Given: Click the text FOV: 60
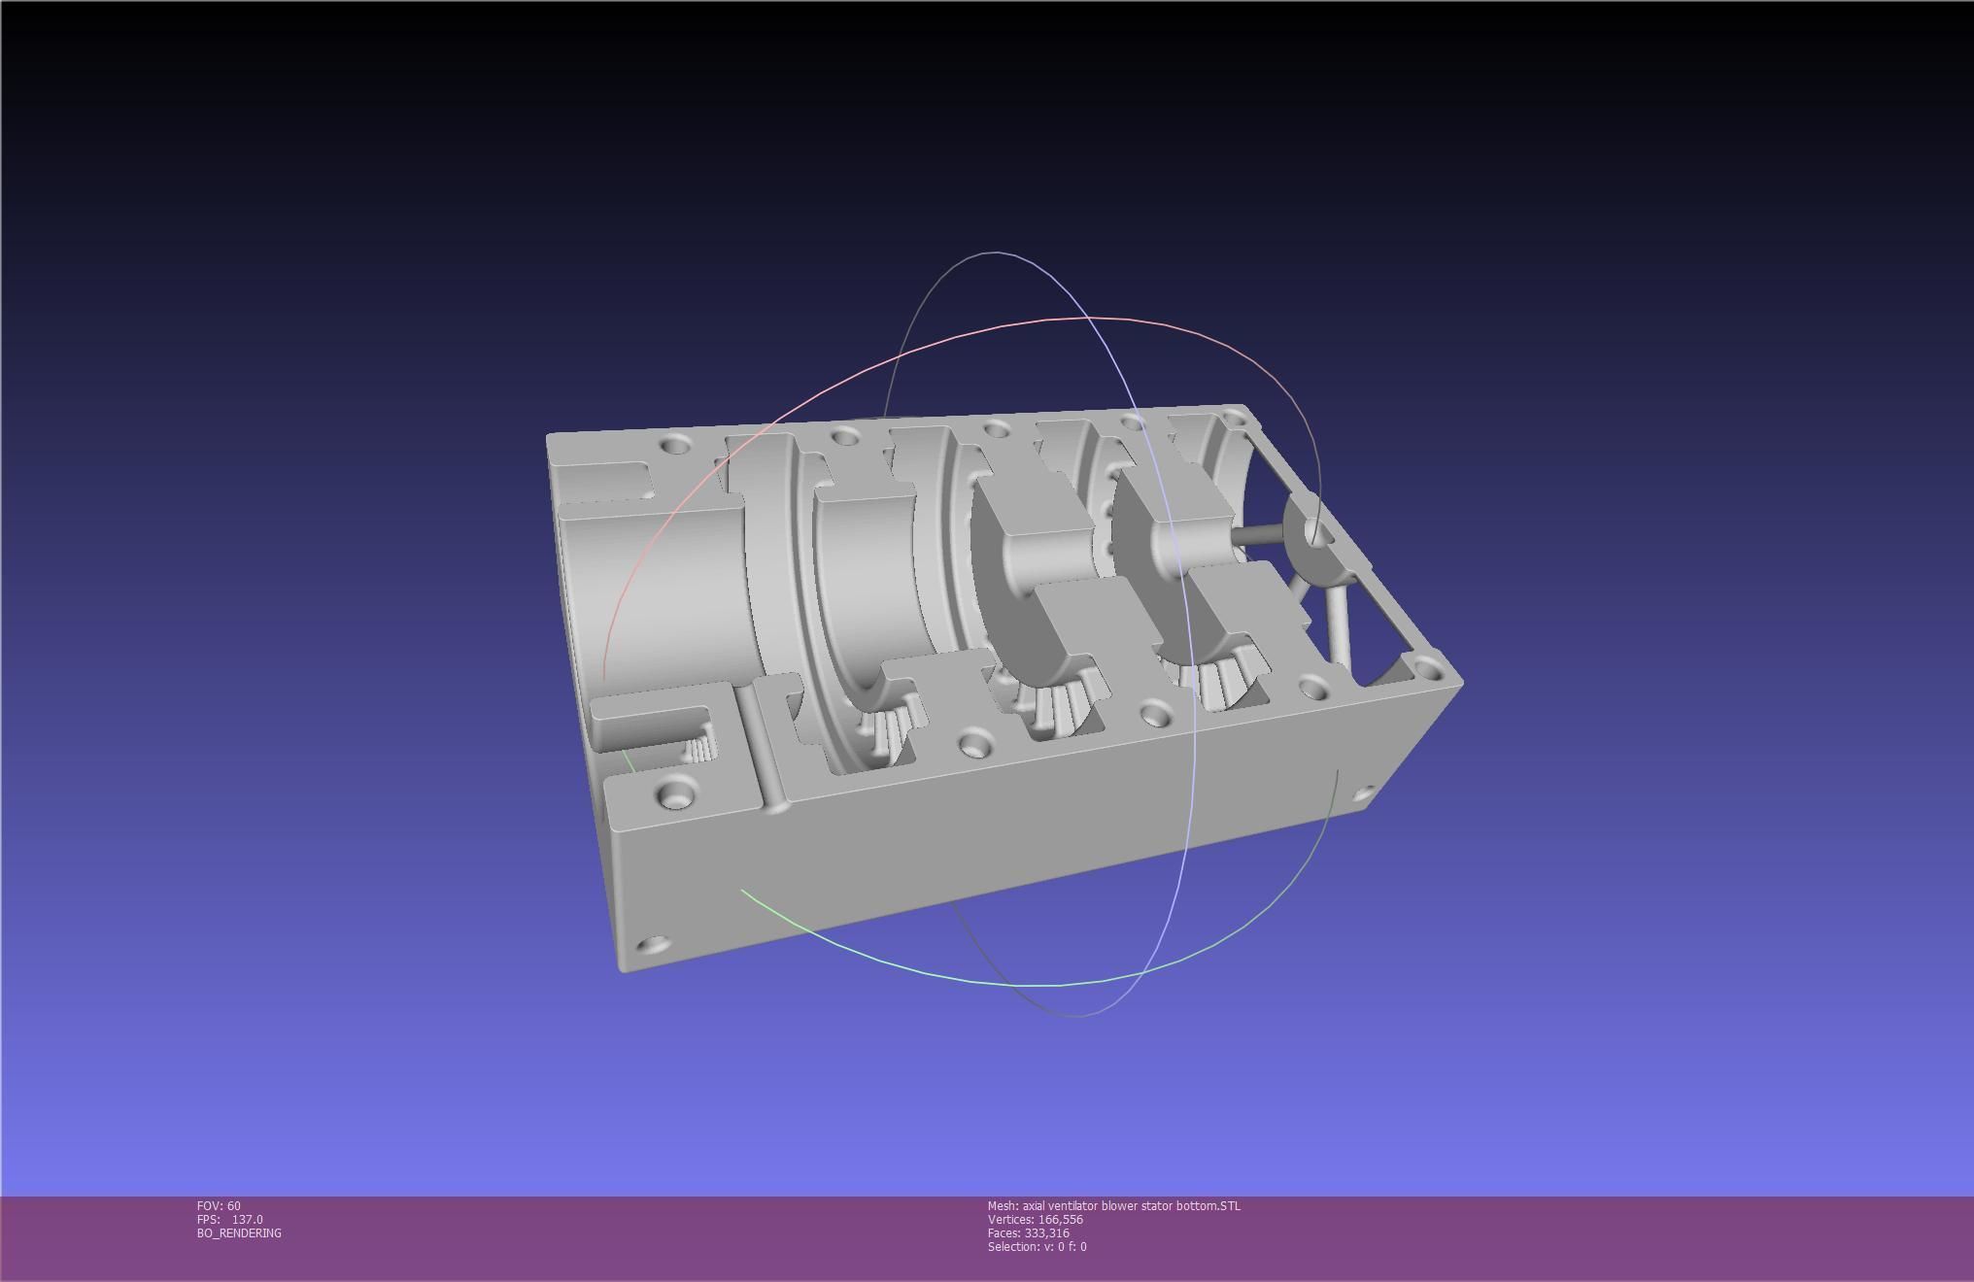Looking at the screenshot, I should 219,1205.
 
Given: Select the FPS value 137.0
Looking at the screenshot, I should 247,1219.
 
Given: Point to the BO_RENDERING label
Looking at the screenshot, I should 239,1232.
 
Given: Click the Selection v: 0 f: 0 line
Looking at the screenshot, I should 1037,1246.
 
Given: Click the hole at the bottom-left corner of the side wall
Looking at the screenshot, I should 656,944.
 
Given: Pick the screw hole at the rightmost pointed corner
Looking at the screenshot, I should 1427,667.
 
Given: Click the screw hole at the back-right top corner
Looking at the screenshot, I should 1234,418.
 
